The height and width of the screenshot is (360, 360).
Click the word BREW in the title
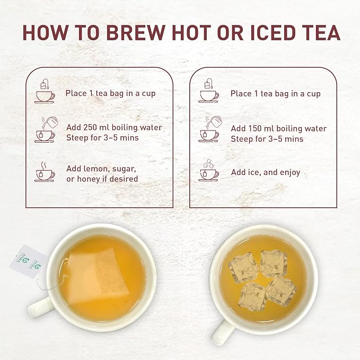(x=136, y=32)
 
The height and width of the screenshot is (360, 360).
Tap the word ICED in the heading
(x=273, y=32)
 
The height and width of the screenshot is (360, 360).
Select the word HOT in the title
(x=191, y=32)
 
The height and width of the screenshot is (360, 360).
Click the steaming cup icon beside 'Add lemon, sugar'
(x=45, y=172)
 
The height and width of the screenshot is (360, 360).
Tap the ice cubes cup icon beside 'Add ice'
(x=208, y=170)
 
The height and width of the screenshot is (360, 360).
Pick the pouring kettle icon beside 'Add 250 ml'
(x=46, y=129)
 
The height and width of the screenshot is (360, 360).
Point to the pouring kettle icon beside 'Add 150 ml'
(x=210, y=129)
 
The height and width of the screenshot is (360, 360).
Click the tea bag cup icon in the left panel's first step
(x=45, y=91)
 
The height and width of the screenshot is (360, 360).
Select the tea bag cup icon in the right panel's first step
(x=208, y=91)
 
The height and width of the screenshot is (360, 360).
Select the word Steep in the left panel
(x=76, y=138)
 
